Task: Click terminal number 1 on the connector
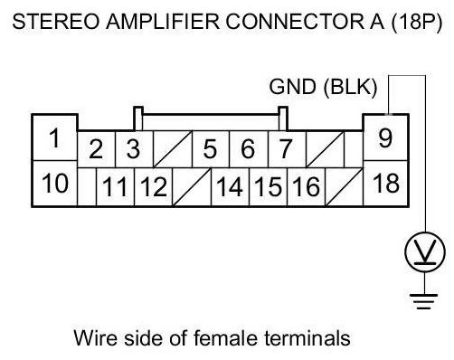coord(54,138)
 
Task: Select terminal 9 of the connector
coord(386,138)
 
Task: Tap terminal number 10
coord(54,184)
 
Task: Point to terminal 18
coord(386,184)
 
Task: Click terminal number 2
coord(97,149)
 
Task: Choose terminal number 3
coord(134,149)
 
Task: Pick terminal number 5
coord(211,149)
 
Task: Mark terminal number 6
coord(249,149)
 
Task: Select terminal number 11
coord(115,186)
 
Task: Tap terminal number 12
coord(154,186)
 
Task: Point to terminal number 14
coord(230,186)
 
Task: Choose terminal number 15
coord(269,186)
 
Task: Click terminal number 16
coord(307,186)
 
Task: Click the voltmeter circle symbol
coord(425,251)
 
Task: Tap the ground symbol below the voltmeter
coord(424,301)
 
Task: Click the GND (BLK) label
coord(323,87)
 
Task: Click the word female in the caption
coord(225,337)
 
